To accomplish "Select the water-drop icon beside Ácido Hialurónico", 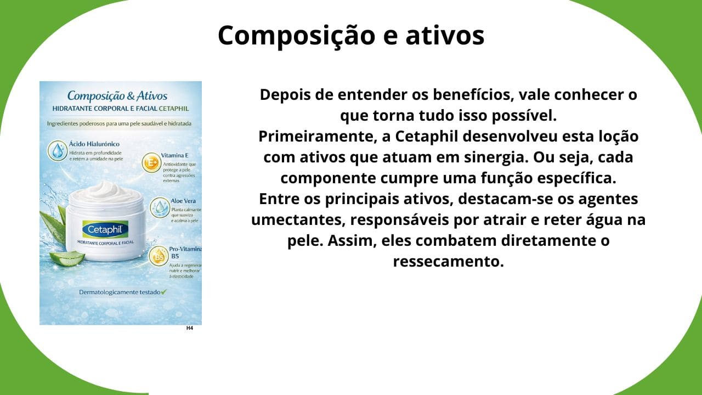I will [57, 150].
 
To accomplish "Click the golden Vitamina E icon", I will [150, 163].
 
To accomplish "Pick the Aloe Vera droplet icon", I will [160, 207].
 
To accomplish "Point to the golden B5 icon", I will [158, 256].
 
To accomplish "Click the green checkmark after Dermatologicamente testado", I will [163, 292].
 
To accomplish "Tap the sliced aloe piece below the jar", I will [67, 258].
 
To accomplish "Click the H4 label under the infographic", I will [190, 328].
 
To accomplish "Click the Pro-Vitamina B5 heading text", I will [184, 252].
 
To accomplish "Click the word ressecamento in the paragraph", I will [448, 262].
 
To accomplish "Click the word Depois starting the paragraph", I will [284, 94].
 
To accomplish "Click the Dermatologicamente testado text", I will [120, 292].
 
